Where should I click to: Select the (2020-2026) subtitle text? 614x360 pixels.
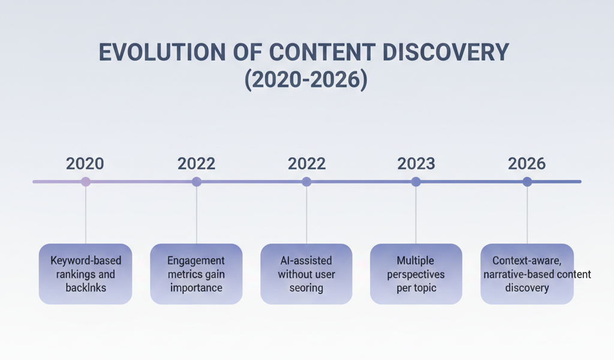[x=306, y=80]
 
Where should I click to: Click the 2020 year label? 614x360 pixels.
[x=85, y=163]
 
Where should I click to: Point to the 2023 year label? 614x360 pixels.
[x=416, y=163]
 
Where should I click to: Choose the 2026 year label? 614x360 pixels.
[x=526, y=163]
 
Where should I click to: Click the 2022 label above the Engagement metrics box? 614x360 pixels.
[x=196, y=163]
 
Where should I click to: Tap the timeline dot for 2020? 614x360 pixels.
[x=86, y=181]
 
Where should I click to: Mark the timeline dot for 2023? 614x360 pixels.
[x=416, y=181]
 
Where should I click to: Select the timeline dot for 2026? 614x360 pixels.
[x=527, y=181]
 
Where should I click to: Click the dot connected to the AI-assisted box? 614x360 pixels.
[x=306, y=181]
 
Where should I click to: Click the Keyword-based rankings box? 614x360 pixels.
[x=85, y=274]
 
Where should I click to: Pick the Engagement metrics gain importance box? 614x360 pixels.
[x=196, y=274]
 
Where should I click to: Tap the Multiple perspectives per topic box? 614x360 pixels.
[x=416, y=274]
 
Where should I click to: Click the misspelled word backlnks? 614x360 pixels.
[x=86, y=288]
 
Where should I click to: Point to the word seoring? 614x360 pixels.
[x=306, y=288]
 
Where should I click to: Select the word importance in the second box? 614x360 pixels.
[x=196, y=288]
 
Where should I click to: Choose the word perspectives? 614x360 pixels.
[x=416, y=274]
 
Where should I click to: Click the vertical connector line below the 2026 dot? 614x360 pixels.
[x=527, y=216]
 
